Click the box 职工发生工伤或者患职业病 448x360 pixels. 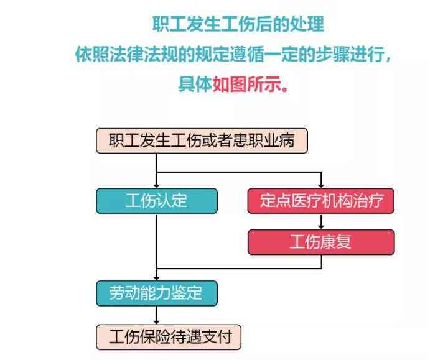click(202, 141)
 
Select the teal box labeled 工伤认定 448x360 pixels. click(157, 201)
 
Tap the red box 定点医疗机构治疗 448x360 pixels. click(321, 201)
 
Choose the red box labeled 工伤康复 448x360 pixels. click(321, 242)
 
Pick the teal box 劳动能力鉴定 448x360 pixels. click(157, 293)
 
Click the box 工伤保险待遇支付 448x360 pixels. click(169, 337)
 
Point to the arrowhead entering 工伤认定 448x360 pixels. click(156, 185)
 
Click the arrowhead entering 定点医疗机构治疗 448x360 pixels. click(321, 185)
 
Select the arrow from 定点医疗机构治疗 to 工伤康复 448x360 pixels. click(321, 221)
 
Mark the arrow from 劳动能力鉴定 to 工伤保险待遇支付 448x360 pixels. click(156, 315)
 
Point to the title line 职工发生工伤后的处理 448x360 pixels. click(238, 24)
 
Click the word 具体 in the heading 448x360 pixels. click(195, 84)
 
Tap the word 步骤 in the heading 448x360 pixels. click(333, 53)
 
